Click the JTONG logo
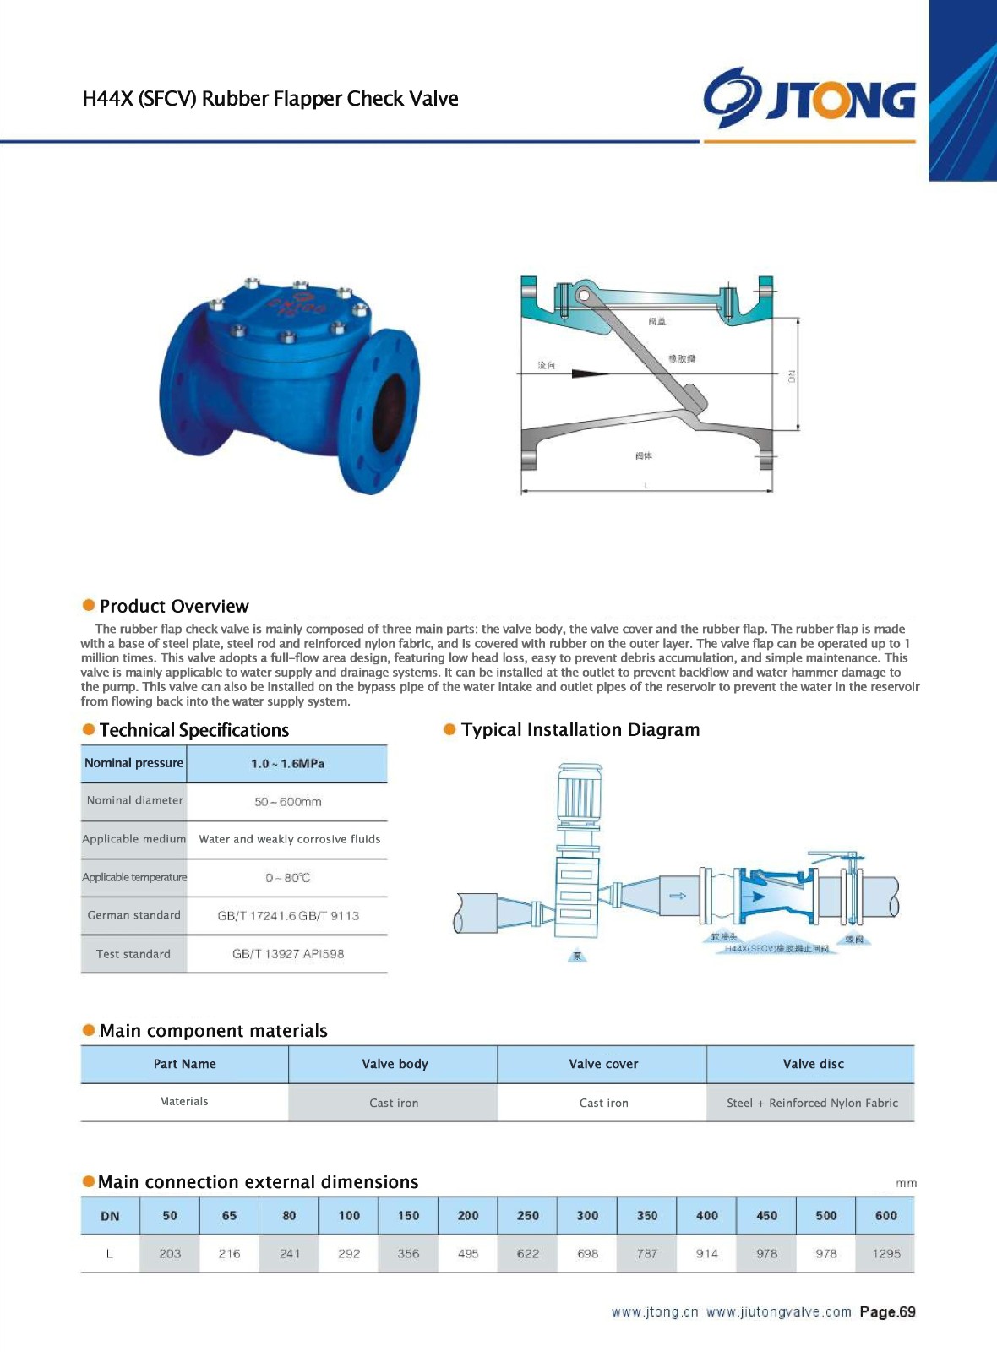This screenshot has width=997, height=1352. point(809,98)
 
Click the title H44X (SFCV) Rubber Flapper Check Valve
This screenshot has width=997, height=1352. point(270,99)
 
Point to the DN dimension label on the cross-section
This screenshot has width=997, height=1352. point(792,376)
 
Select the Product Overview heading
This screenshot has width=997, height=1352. point(174,606)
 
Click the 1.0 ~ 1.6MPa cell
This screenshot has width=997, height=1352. point(287,764)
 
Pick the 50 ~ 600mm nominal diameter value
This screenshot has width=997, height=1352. point(287,802)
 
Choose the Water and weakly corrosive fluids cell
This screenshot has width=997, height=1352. point(289,839)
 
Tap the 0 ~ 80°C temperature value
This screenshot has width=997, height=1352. point(287,878)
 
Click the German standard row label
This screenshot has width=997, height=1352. point(133,915)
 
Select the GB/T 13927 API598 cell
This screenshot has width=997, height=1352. point(287,954)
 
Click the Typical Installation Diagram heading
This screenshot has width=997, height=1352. point(580,730)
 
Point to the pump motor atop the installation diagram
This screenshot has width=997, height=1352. point(579,794)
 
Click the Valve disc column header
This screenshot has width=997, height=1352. point(813,1064)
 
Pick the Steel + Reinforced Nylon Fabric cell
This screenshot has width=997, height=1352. point(812,1103)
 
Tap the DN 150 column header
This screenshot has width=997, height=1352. point(408,1216)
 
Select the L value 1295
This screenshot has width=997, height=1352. point(885,1254)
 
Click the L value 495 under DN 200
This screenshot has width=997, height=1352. point(468,1254)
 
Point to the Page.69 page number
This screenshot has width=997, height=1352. point(887,1312)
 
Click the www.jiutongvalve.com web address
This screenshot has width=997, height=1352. point(778,1312)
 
